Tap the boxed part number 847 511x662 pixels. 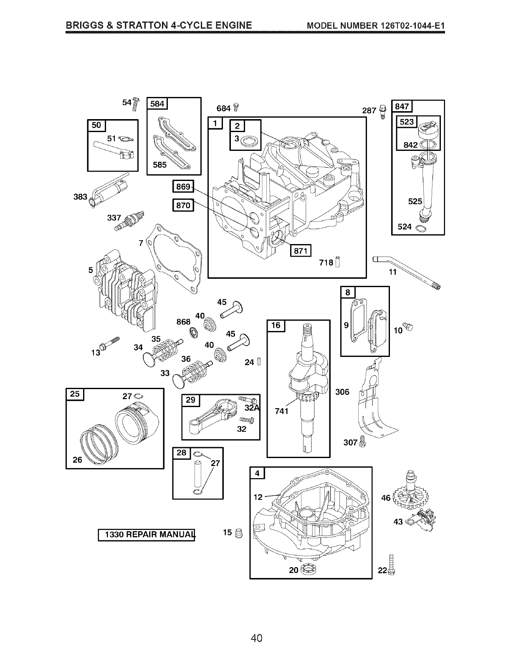click(x=402, y=107)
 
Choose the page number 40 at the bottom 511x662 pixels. click(x=256, y=638)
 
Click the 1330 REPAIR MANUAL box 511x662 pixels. click(x=147, y=535)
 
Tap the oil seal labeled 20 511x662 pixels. click(x=309, y=569)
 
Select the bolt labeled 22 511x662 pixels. click(x=391, y=564)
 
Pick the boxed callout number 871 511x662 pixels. click(x=301, y=251)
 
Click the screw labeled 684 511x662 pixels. click(x=236, y=107)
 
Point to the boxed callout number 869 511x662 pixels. click(x=183, y=186)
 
